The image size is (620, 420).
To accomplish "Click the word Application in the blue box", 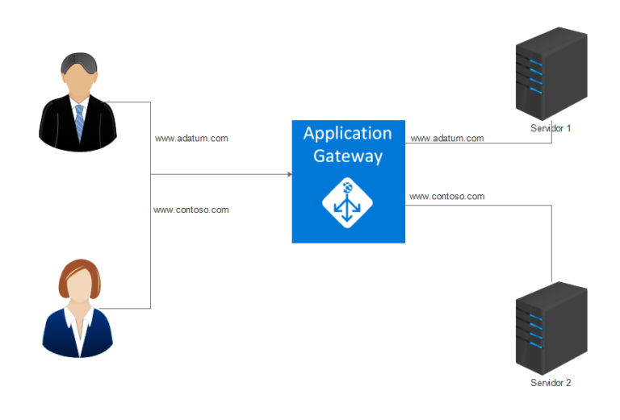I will (347, 134).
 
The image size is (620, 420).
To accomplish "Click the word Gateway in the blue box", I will (347, 156).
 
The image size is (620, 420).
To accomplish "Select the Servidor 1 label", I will (551, 129).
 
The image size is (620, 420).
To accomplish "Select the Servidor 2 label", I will (551, 383).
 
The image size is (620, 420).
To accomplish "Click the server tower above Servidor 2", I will (551, 326).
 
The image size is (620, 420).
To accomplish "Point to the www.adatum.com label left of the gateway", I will (191, 138).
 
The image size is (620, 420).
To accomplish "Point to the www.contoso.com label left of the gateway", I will (191, 210).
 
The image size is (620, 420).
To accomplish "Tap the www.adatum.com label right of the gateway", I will (447, 138).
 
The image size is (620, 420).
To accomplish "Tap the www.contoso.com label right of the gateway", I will (447, 196).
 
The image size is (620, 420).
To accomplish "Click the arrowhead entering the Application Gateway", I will (287, 174).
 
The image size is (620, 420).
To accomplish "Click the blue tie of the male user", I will (79, 121).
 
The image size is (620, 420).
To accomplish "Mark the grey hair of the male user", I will (78, 60).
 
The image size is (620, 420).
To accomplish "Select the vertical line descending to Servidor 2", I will (551, 242).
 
